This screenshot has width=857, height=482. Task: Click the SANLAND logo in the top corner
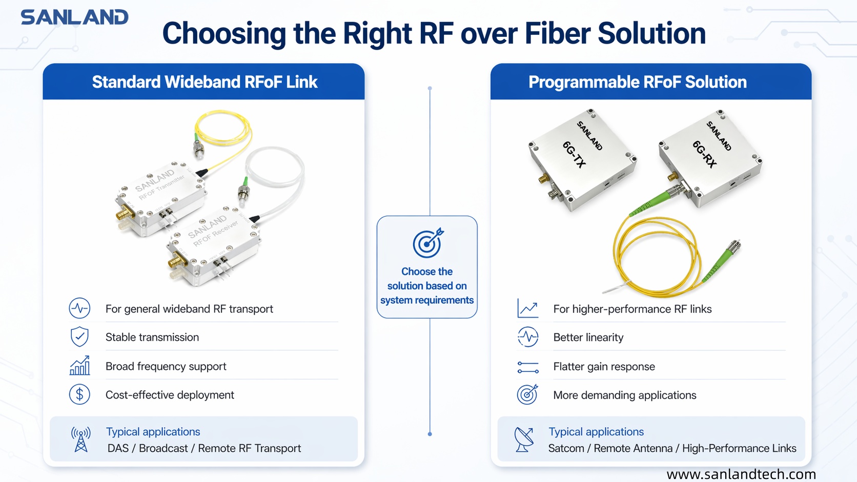click(74, 17)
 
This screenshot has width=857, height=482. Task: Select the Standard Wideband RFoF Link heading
click(205, 82)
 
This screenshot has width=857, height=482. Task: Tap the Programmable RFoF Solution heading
click(637, 82)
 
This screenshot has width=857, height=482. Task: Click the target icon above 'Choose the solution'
click(427, 243)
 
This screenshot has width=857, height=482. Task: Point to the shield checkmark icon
click(79, 337)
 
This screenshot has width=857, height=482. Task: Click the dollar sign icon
click(79, 395)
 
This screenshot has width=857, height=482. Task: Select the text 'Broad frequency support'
click(166, 366)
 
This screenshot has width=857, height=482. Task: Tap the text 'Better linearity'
click(588, 338)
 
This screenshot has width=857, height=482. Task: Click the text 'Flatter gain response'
click(604, 366)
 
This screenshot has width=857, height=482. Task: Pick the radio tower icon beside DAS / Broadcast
click(81, 439)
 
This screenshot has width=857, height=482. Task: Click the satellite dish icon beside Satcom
click(524, 439)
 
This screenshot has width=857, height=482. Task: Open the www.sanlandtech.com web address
click(741, 474)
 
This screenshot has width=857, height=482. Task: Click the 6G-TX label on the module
click(574, 155)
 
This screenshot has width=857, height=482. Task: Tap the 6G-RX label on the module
click(704, 155)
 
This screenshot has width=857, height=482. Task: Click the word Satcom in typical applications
click(566, 448)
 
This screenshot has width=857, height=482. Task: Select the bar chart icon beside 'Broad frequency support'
click(79, 366)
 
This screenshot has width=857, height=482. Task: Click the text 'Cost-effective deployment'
click(170, 395)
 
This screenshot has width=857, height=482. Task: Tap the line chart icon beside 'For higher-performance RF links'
click(527, 308)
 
